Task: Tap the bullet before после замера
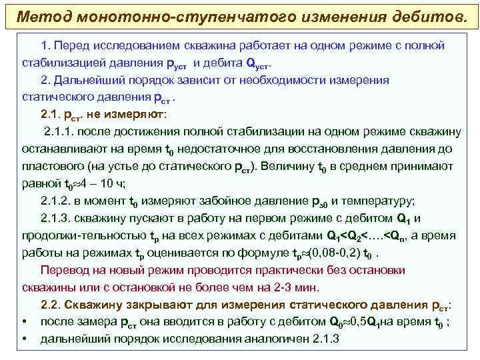point(23,323)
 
